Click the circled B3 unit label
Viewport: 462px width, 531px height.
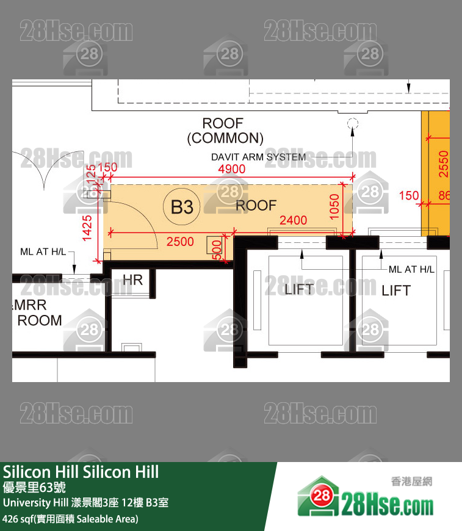pos(182,208)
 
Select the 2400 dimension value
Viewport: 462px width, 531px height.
pos(293,221)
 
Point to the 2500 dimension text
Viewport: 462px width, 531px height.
pos(180,242)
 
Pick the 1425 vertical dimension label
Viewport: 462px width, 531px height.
pos(87,228)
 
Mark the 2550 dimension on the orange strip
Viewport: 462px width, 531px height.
pos(444,164)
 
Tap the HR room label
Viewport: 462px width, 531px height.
pos(132,280)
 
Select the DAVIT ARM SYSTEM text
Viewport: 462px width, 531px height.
pos(258,157)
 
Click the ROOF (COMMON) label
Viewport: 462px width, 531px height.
pos(225,131)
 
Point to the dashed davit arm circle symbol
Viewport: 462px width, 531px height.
pos(352,124)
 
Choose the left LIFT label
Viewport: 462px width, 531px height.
pos(298,289)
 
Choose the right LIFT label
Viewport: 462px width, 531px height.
pos(396,291)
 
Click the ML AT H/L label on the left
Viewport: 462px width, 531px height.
pos(43,251)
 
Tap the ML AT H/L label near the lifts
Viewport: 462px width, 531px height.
pos(411,269)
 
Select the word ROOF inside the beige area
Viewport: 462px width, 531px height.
pos(256,206)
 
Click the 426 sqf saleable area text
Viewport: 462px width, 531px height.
pos(70,519)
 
